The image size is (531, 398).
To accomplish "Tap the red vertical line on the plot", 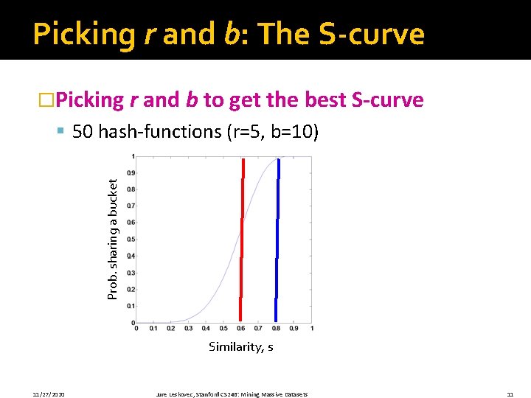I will [241, 236].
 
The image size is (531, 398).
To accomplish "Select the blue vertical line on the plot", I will [277, 236].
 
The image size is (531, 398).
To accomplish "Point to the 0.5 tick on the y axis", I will [130, 239].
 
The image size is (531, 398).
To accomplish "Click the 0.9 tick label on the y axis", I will [130, 172].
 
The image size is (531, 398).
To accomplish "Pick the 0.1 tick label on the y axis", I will [130, 306].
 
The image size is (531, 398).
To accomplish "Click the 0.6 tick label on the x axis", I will [240, 329].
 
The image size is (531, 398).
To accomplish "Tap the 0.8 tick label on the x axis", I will [276, 329].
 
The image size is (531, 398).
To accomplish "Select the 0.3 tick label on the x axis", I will [188, 329].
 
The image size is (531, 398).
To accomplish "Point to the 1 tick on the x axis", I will [312, 329].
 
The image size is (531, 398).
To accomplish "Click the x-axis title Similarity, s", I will [241, 346].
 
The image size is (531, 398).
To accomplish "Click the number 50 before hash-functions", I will [83, 132].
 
